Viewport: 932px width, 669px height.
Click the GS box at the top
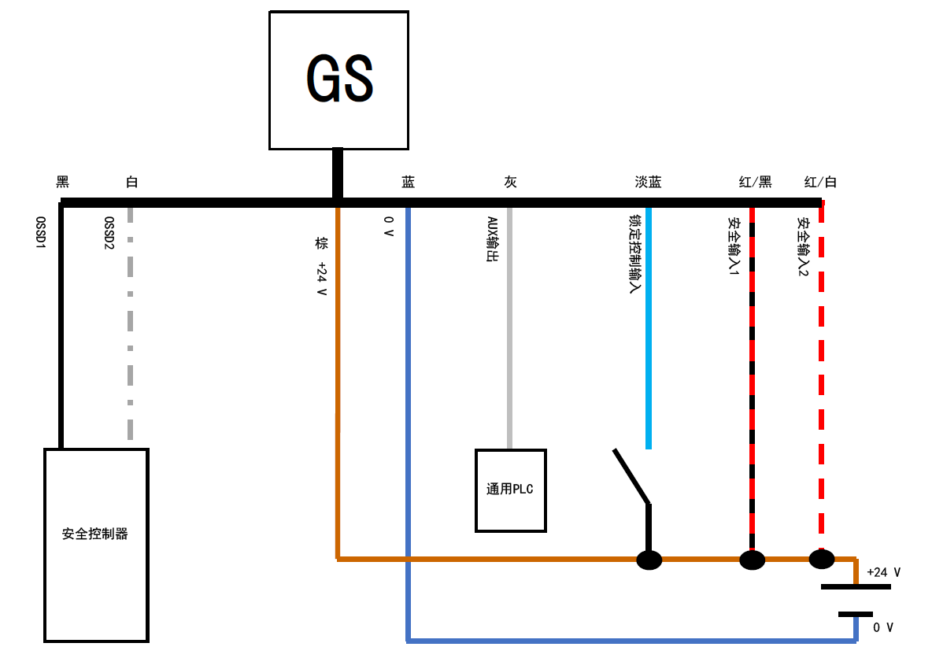[338, 80]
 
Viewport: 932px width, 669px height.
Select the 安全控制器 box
[96, 545]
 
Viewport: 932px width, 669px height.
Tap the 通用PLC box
[510, 490]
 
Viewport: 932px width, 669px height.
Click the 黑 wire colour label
[63, 183]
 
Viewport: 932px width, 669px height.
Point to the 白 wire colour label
[131, 183]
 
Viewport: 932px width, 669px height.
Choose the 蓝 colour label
[408, 183]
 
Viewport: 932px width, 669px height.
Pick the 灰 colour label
[510, 183]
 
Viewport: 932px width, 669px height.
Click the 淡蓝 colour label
[648, 183]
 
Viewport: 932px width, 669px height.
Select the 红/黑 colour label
[755, 183]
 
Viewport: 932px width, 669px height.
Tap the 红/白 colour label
[820, 183]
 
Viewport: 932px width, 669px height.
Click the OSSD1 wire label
[40, 234]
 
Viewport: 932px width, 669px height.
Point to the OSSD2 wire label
[109, 234]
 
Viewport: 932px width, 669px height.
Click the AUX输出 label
[492, 239]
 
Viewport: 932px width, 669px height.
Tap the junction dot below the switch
[649, 560]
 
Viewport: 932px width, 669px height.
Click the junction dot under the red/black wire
[752, 560]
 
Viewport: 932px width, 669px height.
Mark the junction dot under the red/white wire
[821, 559]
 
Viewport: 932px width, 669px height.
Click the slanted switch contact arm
[631, 475]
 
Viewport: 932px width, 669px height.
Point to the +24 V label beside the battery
[883, 572]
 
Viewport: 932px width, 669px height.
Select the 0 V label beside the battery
[883, 627]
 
